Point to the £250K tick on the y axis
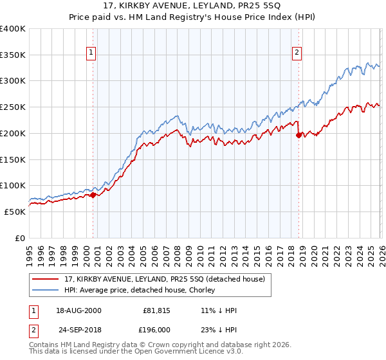point(13,107)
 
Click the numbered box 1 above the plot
point(91,53)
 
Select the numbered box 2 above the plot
point(297,53)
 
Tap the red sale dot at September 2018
point(299,135)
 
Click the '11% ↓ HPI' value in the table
point(219,310)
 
